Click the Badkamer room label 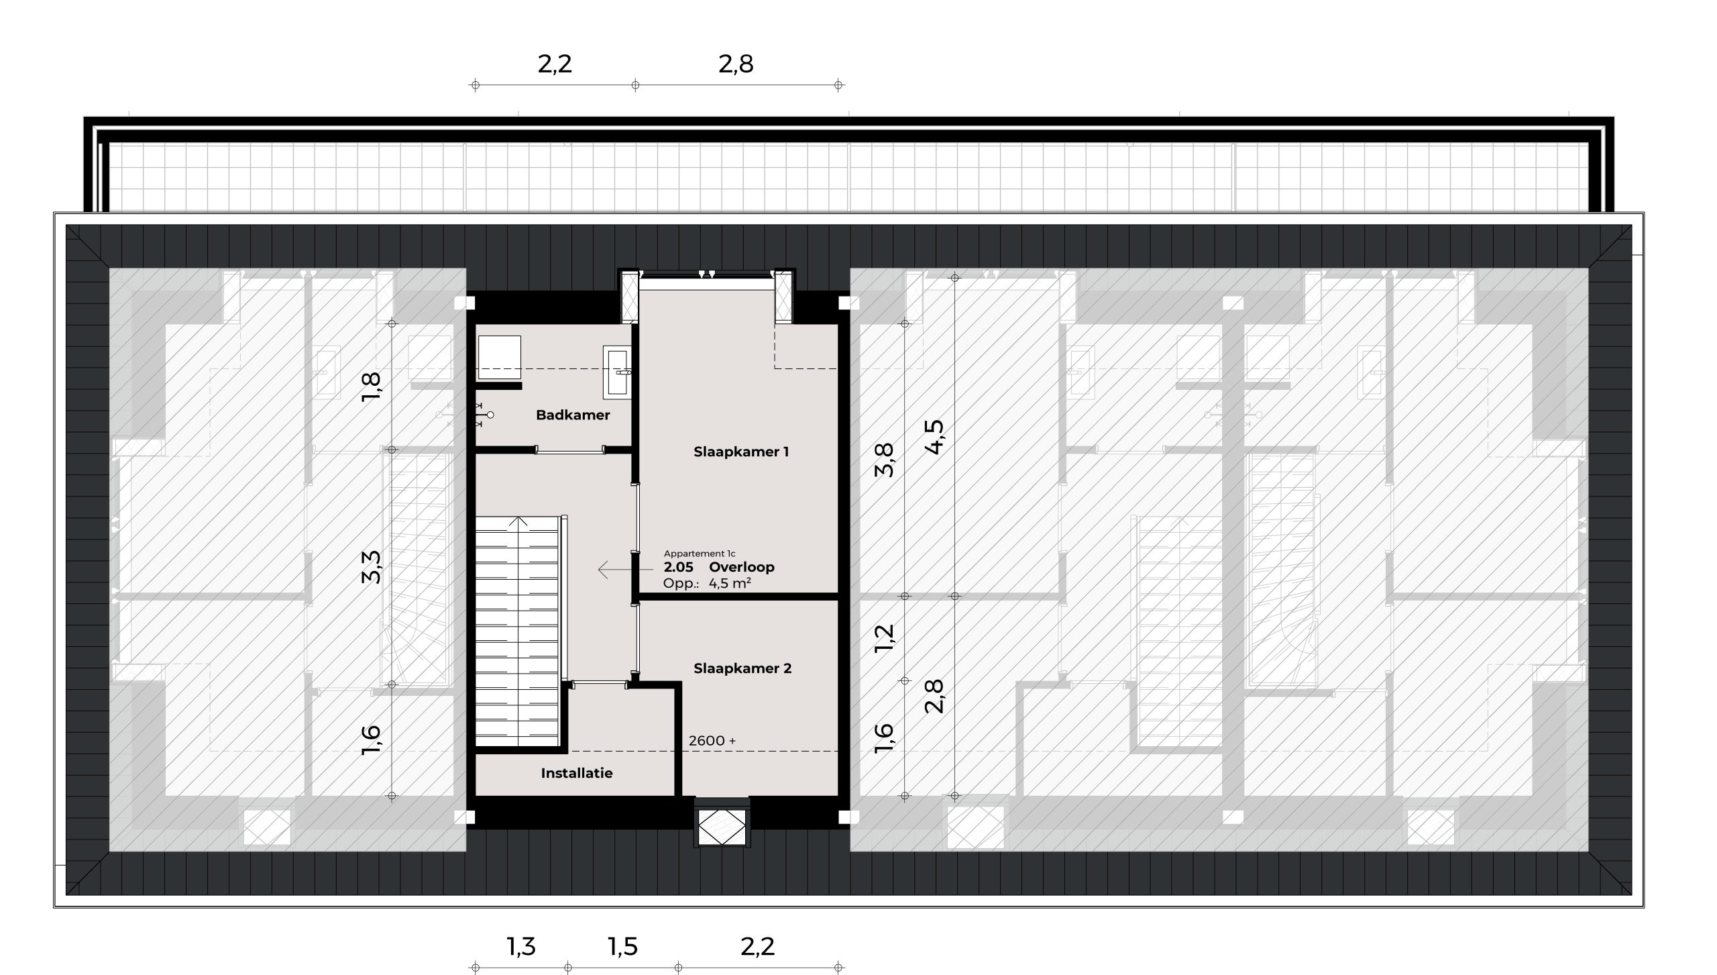573,415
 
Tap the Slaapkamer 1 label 741,452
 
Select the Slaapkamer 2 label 742,668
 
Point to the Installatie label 577,773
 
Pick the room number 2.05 678,567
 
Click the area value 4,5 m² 730,583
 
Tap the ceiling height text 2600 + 712,741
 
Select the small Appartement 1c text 700,554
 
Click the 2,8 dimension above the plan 736,64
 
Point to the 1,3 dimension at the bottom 521,947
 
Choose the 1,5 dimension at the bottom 622,947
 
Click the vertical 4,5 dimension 934,438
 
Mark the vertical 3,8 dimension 885,460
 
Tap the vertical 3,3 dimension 372,567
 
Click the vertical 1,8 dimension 372,387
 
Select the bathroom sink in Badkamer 617,370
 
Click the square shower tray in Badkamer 500,357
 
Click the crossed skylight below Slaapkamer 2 722,827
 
